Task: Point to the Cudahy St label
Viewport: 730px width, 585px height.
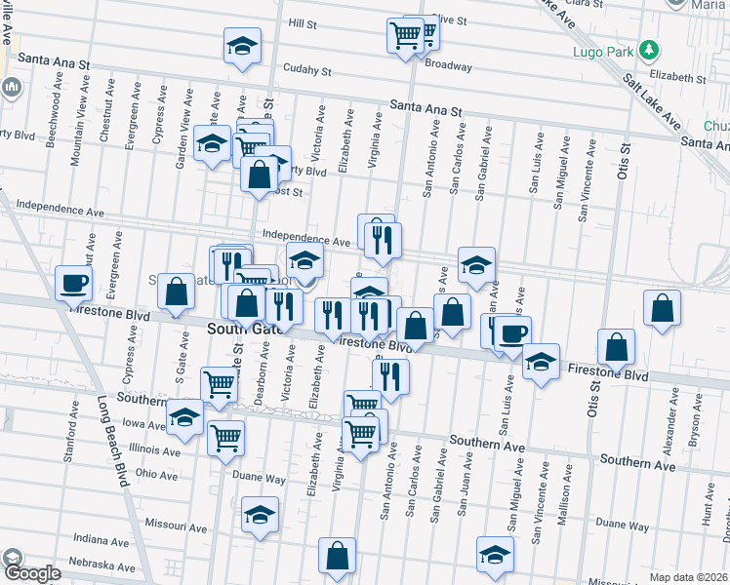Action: click(x=308, y=70)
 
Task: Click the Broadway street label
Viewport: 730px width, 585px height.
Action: click(x=448, y=67)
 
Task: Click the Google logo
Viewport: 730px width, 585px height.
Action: click(x=32, y=573)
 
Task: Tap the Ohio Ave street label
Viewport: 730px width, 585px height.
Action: click(x=157, y=475)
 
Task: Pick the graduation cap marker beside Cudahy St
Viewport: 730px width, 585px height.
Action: click(x=242, y=45)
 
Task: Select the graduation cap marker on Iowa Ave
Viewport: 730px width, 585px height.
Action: click(x=184, y=417)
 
